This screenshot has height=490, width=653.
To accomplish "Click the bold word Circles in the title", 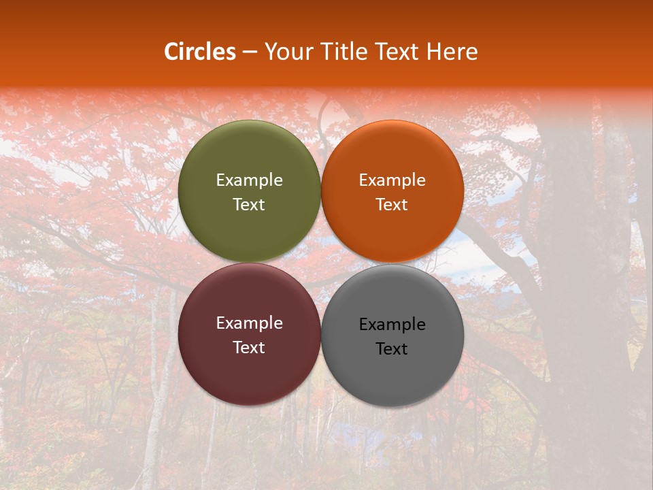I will (200, 52).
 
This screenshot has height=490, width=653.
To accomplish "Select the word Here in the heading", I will (453, 52).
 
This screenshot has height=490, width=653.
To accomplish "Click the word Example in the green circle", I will (249, 180).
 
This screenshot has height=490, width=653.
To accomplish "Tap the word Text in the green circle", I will (249, 205).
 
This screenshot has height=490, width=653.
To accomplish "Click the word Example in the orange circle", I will (392, 180).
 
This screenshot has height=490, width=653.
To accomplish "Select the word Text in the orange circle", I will (392, 205).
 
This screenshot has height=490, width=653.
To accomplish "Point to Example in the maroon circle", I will (249, 323).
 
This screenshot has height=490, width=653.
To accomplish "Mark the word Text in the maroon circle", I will (249, 348).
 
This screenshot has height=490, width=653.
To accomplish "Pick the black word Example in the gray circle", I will (392, 325).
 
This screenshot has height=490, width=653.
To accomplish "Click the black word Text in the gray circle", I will (392, 349).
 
